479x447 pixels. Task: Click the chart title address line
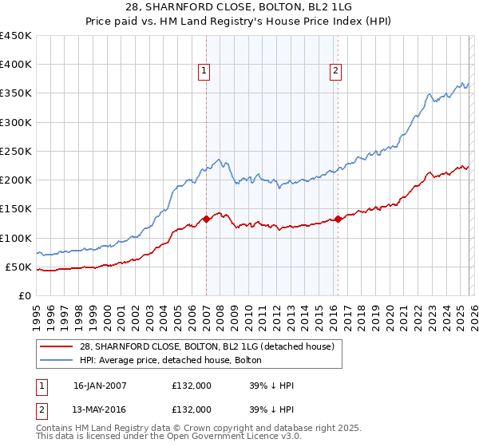click(239, 7)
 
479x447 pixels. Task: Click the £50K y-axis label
click(18, 267)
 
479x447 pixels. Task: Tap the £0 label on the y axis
click(24, 295)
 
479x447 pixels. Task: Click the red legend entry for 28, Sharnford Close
click(212, 346)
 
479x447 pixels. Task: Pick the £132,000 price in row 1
click(192, 386)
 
